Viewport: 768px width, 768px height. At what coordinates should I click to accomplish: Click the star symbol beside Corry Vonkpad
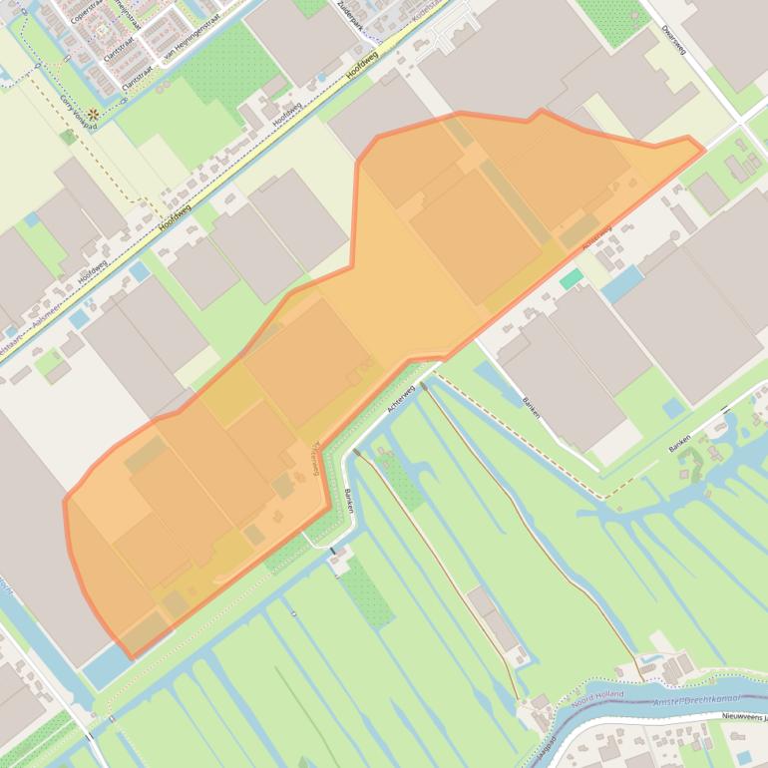92,114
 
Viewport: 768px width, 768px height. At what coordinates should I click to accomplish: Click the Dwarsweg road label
673,35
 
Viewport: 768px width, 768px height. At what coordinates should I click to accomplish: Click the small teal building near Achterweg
571,279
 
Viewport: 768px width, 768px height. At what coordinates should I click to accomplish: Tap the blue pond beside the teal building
622,283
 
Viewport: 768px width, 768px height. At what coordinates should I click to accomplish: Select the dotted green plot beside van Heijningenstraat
225,60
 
